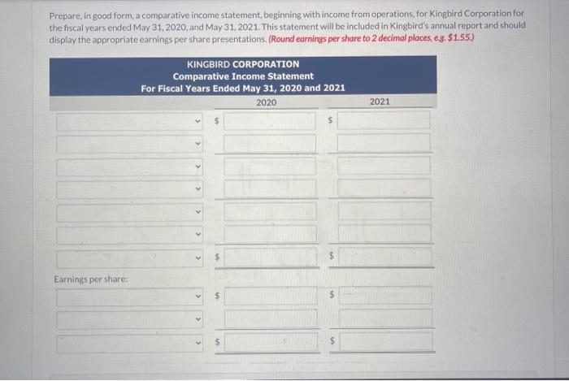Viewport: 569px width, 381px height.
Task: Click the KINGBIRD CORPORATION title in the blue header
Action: pos(242,63)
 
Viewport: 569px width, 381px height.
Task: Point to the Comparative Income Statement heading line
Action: pos(242,76)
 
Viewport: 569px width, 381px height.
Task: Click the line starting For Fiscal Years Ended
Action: pos(242,88)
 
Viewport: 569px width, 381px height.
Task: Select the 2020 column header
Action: pos(266,102)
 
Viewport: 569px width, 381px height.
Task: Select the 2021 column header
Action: pos(380,102)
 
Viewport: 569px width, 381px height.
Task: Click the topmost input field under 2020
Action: pos(270,121)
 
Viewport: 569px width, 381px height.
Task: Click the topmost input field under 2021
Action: pos(384,121)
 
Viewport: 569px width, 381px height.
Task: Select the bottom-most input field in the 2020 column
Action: pos(270,342)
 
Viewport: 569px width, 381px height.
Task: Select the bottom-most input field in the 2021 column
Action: pos(384,342)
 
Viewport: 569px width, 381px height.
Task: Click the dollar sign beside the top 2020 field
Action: pos(216,121)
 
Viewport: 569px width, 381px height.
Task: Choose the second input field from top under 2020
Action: pos(270,144)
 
